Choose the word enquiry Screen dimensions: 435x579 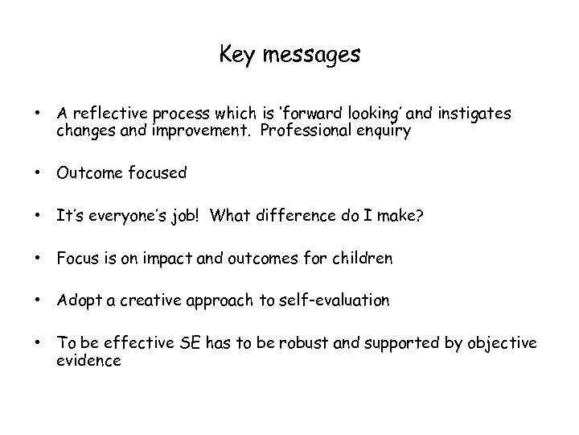tap(383, 131)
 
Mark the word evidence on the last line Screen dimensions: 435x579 tap(88, 360)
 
